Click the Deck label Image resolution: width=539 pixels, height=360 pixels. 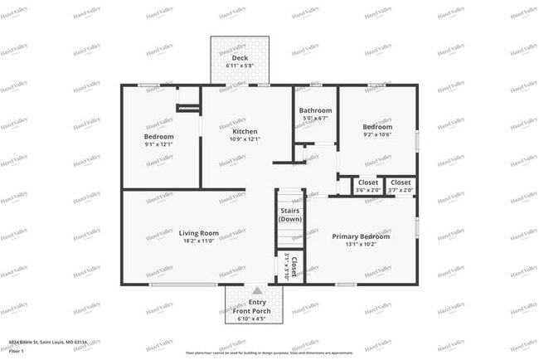click(240, 57)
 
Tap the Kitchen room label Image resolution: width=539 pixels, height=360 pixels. click(245, 131)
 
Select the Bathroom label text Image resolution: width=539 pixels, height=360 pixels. click(315, 109)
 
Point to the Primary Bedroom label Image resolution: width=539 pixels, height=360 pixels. click(361, 236)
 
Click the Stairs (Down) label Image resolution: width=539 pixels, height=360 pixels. click(290, 215)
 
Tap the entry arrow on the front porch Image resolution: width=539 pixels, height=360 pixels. click(256, 291)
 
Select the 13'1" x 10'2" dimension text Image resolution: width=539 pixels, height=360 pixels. click(361, 244)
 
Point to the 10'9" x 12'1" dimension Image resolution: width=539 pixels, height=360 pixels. click(245, 139)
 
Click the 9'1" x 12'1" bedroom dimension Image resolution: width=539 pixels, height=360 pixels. click(158, 144)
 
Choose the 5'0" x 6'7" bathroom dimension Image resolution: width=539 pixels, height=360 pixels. click(315, 118)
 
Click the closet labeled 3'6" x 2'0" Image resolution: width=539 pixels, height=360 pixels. click(368, 186)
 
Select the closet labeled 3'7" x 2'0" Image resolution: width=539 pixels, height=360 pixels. click(401, 186)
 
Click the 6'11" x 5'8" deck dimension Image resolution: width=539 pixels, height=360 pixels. click(240, 65)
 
